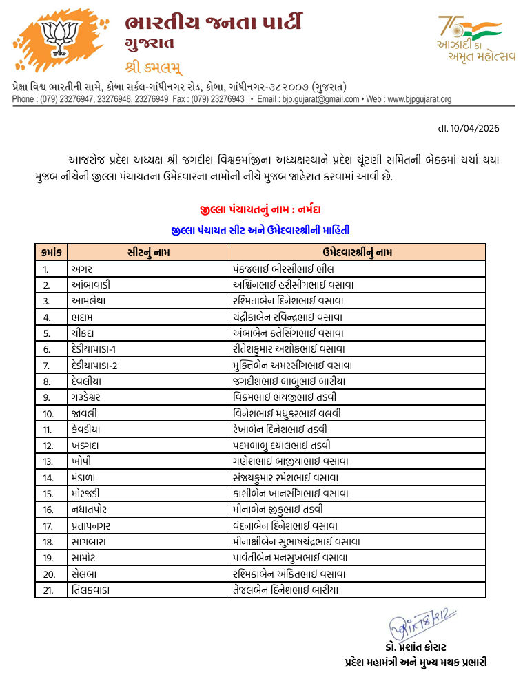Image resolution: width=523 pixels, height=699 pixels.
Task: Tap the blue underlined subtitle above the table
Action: click(x=265, y=230)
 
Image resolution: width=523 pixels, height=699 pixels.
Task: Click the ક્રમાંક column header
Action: click(x=51, y=252)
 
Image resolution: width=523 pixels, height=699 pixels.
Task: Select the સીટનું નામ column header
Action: click(x=148, y=252)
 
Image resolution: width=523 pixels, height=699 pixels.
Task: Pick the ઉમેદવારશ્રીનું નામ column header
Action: click(x=357, y=252)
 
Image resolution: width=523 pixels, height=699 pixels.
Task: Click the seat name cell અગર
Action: click(x=82, y=269)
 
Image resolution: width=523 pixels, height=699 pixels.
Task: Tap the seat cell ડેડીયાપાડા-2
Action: click(x=94, y=365)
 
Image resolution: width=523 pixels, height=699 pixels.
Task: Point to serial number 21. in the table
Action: click(x=47, y=590)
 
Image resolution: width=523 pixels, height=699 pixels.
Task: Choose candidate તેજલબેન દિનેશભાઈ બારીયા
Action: click(x=286, y=590)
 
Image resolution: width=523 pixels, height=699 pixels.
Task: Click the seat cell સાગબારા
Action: click(x=88, y=541)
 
